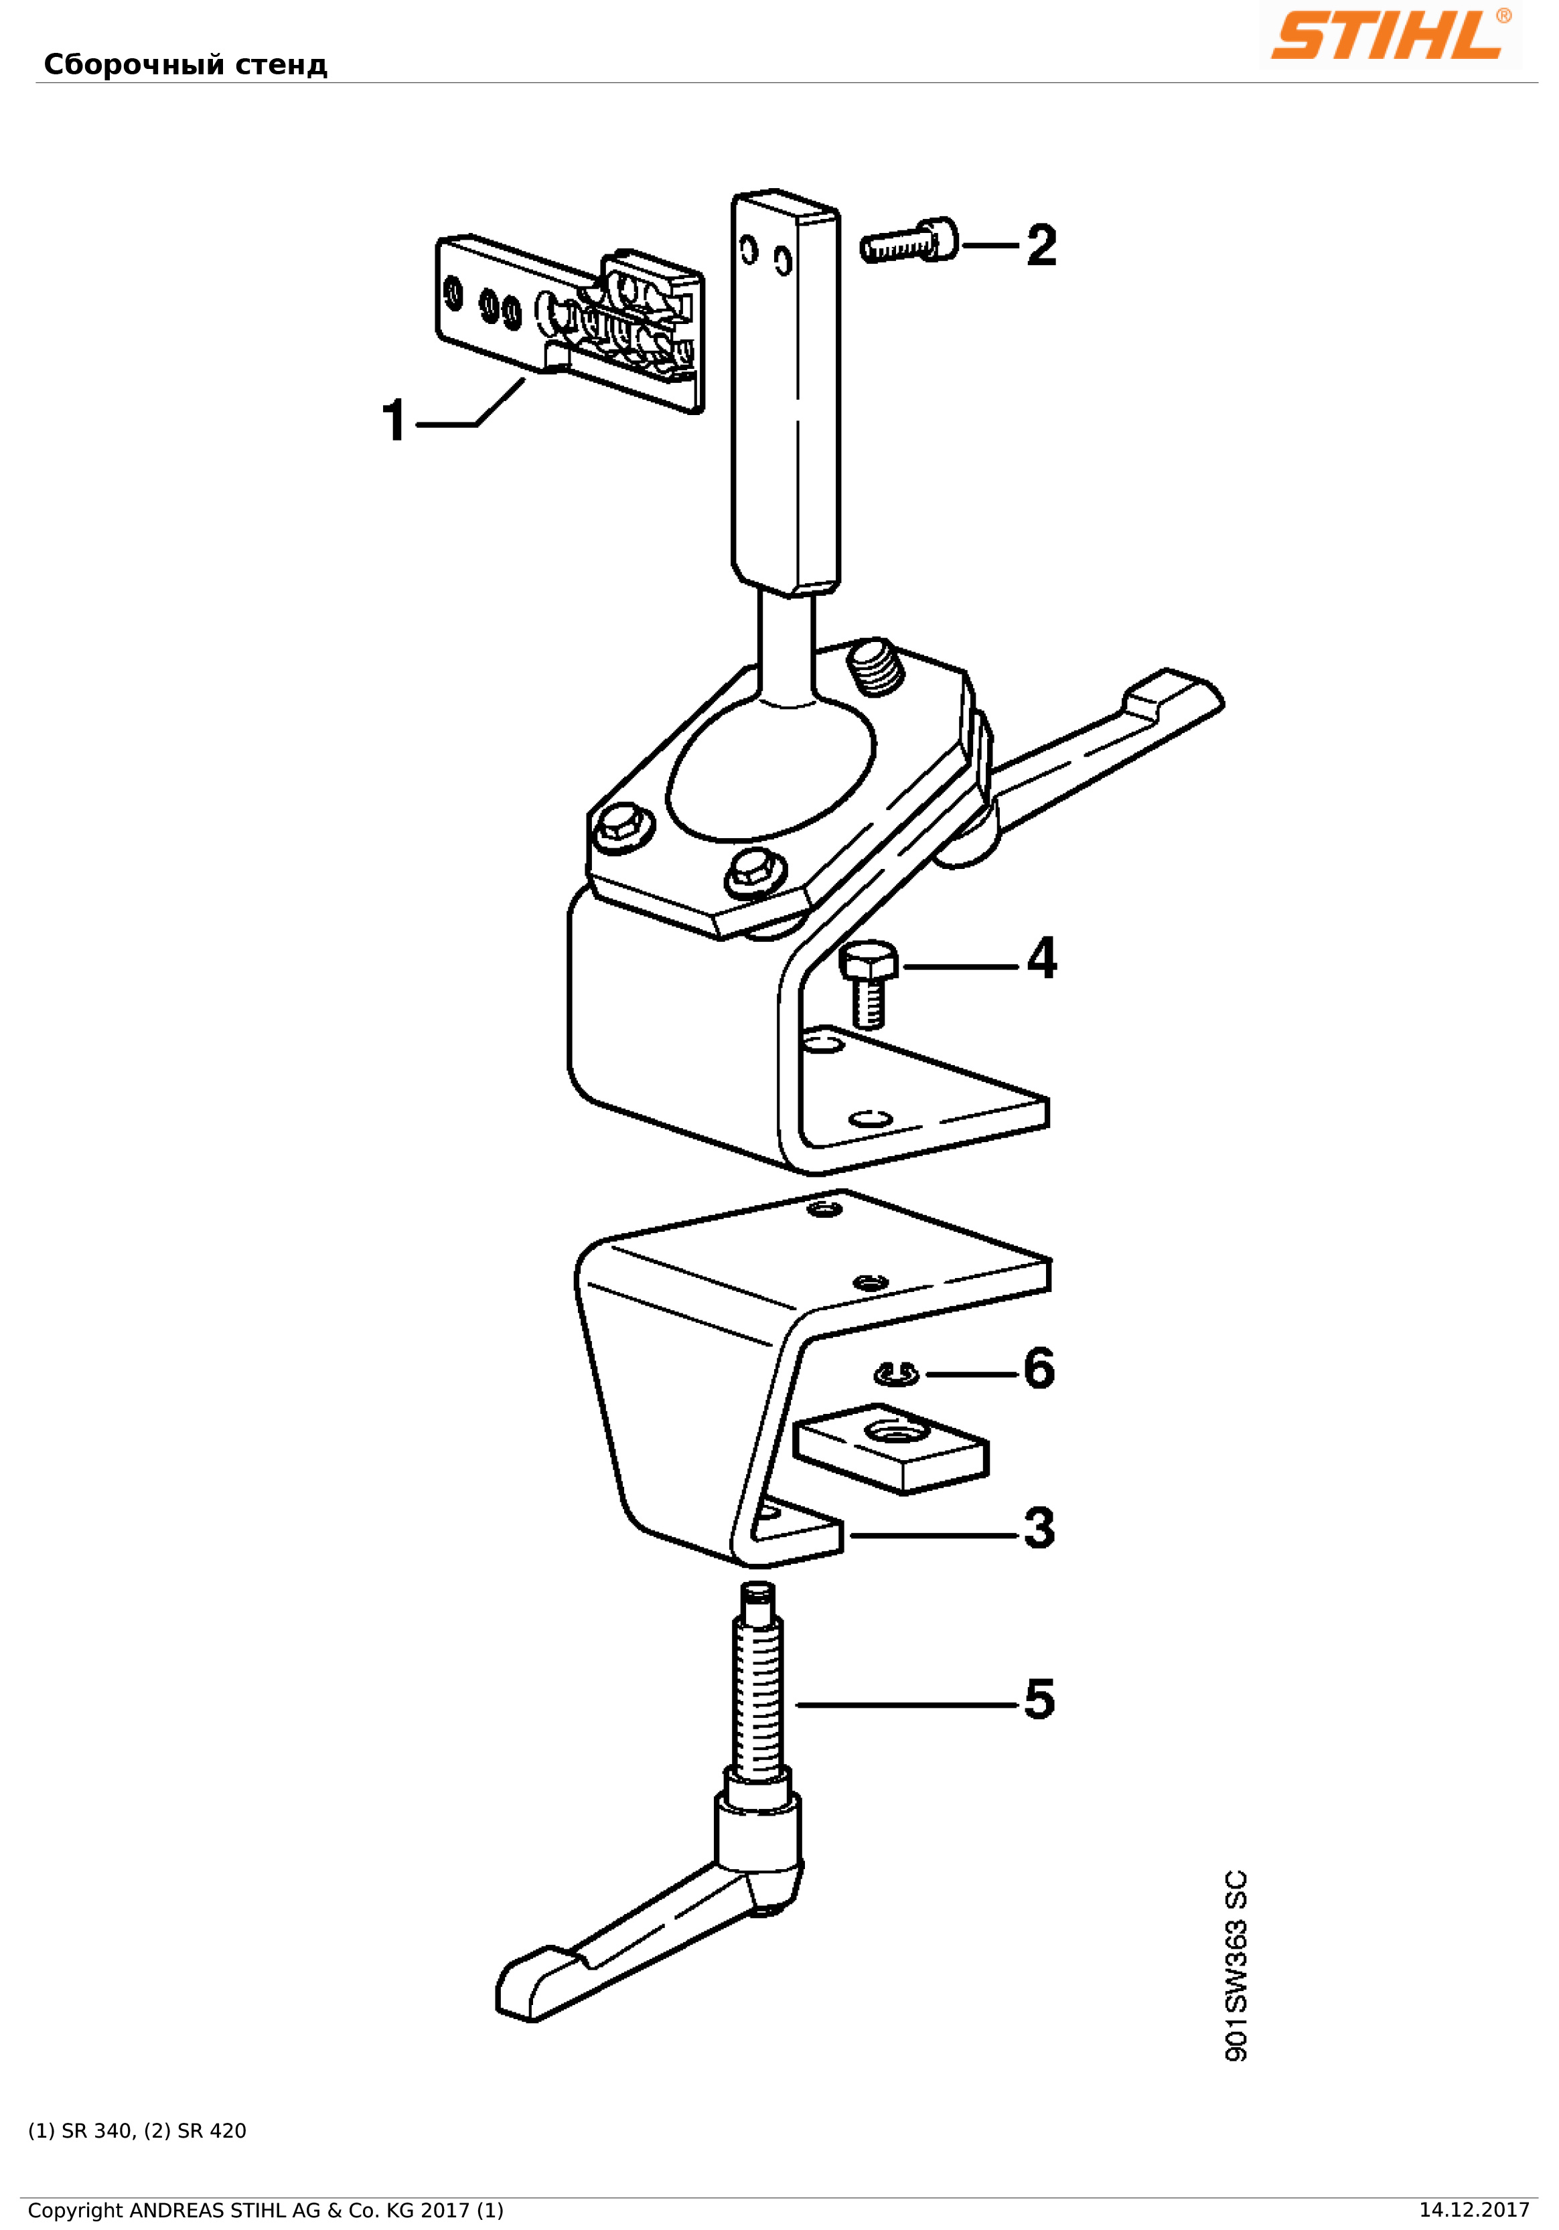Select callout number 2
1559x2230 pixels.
tap(1041, 246)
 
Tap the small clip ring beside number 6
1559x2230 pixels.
tap(897, 1374)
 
